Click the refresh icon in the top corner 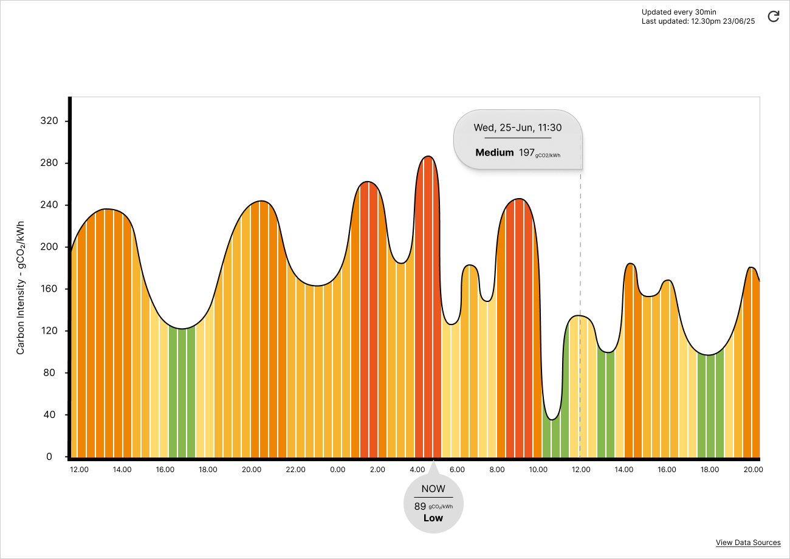pos(774,16)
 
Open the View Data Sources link pos(748,543)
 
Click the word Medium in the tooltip pos(495,153)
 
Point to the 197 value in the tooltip pos(526,153)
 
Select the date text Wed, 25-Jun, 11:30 pos(517,128)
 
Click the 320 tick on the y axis pos(49,121)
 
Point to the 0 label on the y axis pos(49,457)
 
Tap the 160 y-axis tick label pos(49,289)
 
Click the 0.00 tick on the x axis pos(337,470)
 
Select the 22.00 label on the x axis pos(295,470)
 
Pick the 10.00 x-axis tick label pos(538,470)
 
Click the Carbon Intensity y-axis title pos(21,288)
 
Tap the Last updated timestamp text pos(698,21)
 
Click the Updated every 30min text pos(679,12)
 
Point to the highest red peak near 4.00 pos(428,157)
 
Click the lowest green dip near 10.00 pos(552,419)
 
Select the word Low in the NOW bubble pos(433,518)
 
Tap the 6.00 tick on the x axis pos(457,470)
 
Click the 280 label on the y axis pos(49,163)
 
